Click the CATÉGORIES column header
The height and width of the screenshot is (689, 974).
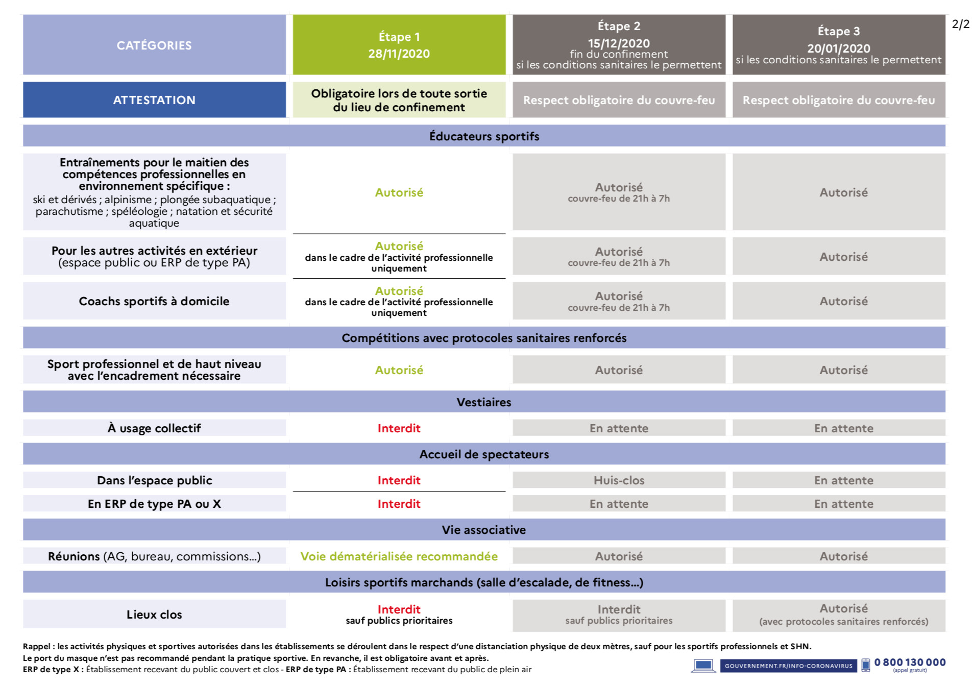click(154, 45)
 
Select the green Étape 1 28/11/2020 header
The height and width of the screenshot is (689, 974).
click(399, 45)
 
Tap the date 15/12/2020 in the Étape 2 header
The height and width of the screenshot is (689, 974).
click(619, 43)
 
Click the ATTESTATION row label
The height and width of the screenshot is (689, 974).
click(154, 100)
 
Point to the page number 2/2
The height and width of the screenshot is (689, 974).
click(960, 24)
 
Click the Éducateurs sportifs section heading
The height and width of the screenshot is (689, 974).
click(484, 136)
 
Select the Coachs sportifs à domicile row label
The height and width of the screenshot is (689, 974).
click(154, 301)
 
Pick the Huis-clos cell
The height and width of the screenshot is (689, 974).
click(619, 480)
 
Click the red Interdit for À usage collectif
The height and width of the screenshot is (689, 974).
click(399, 428)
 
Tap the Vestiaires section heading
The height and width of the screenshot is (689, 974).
click(484, 402)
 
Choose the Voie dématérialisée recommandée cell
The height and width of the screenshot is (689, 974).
click(399, 556)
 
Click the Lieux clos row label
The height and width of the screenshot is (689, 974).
click(154, 614)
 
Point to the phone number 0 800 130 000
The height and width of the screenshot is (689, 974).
click(910, 662)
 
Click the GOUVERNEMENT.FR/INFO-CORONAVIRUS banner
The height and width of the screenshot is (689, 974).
click(788, 666)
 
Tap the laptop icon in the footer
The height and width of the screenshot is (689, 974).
click(703, 666)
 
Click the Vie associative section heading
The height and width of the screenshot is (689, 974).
click(484, 530)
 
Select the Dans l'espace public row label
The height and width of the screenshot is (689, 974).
click(154, 480)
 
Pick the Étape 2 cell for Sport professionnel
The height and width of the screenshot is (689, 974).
click(619, 370)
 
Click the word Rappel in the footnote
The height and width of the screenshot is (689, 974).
click(37, 647)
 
